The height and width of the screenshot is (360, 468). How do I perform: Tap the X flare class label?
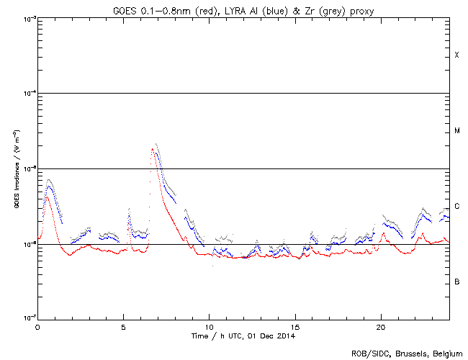456,55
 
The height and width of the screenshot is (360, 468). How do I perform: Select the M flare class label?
456,131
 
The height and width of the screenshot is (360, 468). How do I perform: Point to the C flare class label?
456,207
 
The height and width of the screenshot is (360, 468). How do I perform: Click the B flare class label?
456,282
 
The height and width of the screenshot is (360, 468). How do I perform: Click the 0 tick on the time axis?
37,326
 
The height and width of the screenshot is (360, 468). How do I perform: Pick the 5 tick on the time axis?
123,326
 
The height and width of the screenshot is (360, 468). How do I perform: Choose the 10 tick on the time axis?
209,326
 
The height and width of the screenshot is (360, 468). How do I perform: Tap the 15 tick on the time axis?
294,326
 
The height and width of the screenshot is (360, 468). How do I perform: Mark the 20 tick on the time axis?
380,326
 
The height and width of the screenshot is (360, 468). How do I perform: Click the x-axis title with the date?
243,336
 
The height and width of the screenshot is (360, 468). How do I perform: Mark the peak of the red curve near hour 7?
152,150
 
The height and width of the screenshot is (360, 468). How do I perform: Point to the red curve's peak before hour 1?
48,196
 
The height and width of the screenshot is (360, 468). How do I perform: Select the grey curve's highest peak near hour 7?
156,144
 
